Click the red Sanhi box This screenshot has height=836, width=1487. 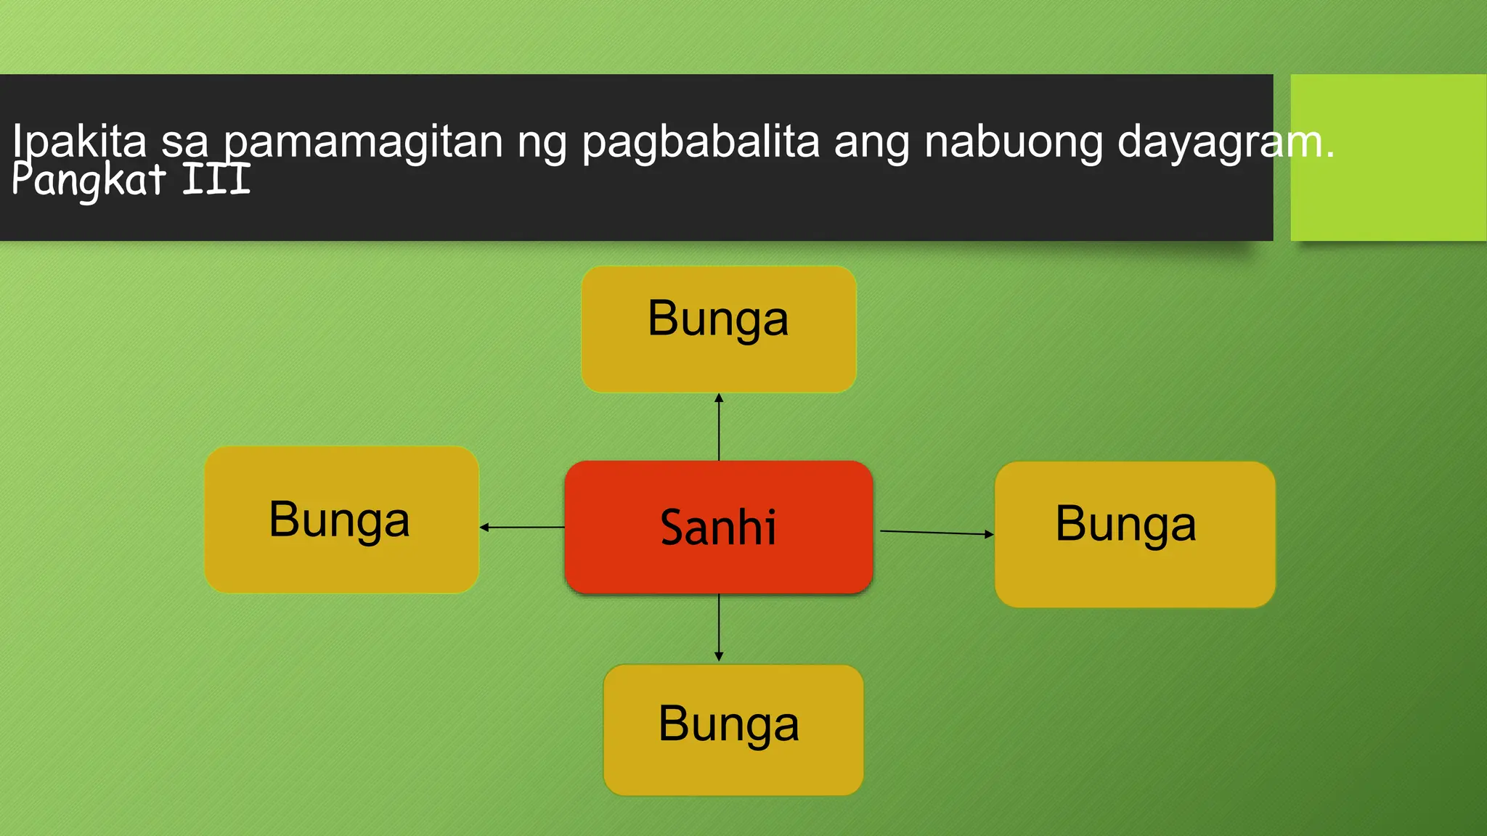tap(719, 527)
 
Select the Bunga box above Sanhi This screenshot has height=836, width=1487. tap(719, 329)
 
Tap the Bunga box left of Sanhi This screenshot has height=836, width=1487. tap(341, 520)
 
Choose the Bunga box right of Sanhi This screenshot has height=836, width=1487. tap(1135, 534)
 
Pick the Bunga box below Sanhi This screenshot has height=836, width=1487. tap(733, 729)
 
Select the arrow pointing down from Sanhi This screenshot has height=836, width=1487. tap(719, 628)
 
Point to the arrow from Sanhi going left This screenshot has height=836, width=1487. tap(522, 527)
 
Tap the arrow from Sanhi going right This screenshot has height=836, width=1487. tap(937, 533)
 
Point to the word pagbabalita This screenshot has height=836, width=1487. tap(700, 142)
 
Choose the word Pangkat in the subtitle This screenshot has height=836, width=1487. tap(89, 180)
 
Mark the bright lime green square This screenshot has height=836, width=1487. tap(1388, 157)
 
